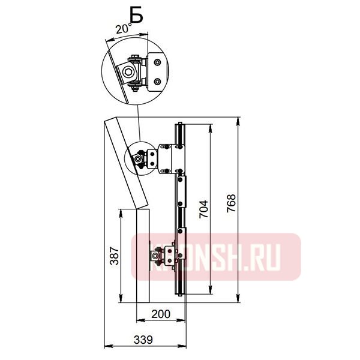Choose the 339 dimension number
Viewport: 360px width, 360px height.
pyautogui.click(x=142, y=340)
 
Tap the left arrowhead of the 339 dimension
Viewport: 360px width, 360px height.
pyautogui.click(x=107, y=346)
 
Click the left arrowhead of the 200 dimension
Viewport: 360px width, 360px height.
pyautogui.click(x=137, y=320)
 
